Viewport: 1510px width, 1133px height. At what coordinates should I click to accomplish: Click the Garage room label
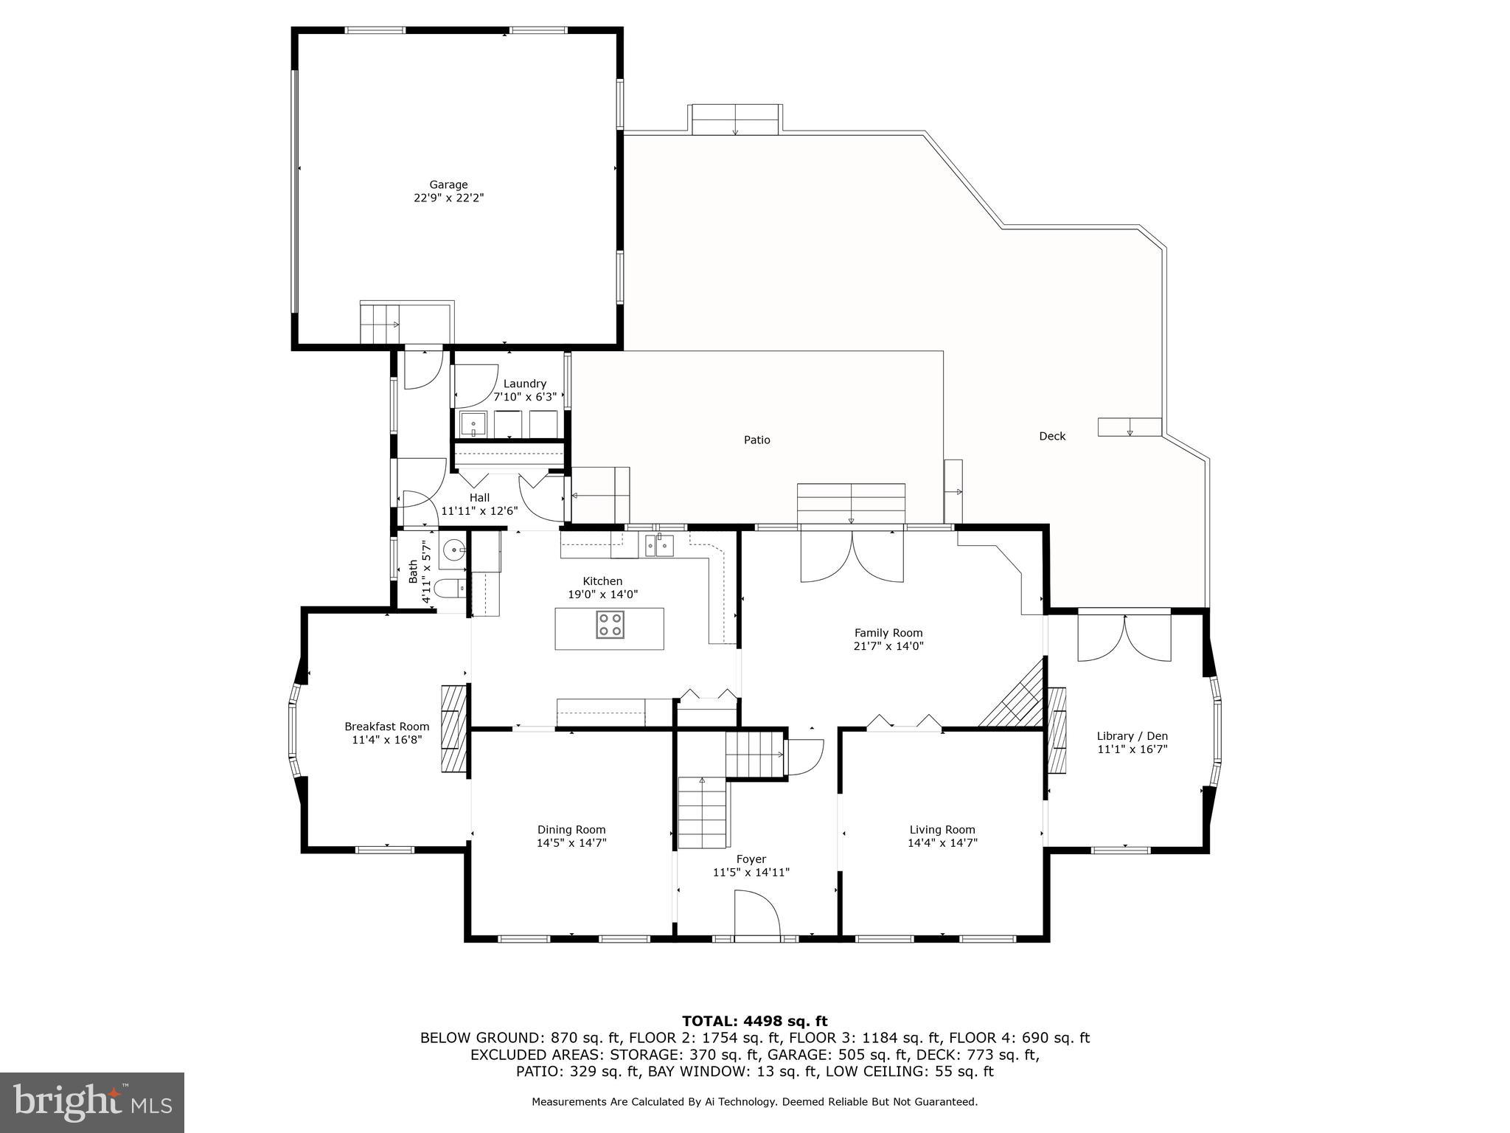(448, 184)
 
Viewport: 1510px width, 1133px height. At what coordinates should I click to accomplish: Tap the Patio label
(756, 440)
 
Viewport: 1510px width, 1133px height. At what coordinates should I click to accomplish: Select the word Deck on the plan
(1052, 436)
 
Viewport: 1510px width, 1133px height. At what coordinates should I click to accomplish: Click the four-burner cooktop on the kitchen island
(609, 625)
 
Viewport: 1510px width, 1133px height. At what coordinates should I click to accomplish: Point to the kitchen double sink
(660, 546)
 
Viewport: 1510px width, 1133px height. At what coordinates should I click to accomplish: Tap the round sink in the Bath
(453, 550)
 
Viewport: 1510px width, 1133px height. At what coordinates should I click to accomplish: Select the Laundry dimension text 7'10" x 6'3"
(524, 397)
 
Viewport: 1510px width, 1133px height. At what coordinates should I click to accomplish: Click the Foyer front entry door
(758, 915)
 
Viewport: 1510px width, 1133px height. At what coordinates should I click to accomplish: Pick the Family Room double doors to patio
(852, 558)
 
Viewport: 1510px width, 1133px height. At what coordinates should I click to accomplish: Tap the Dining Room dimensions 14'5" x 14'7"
(571, 842)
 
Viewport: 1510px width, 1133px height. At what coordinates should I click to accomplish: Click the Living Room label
(942, 829)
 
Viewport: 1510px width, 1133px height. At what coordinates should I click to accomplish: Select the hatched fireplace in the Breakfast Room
(454, 728)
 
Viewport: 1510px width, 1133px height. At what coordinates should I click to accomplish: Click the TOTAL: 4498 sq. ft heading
(754, 1021)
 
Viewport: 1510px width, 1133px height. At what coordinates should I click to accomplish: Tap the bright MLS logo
(92, 1102)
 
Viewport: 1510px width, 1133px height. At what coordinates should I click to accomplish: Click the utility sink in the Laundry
(473, 424)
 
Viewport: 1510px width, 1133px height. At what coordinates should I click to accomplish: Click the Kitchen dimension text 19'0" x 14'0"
(602, 594)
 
